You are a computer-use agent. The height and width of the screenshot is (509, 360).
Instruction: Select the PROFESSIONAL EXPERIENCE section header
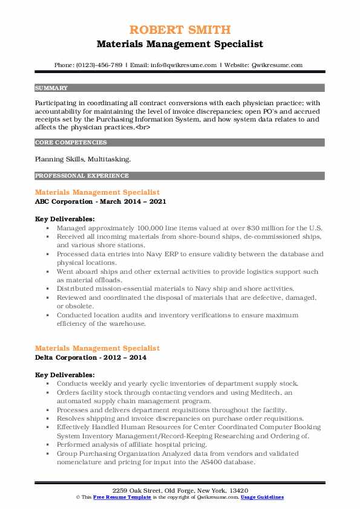click(82, 176)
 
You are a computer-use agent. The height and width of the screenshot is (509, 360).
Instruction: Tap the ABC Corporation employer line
click(100, 201)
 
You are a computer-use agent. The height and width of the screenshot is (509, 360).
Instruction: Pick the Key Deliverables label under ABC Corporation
click(65, 219)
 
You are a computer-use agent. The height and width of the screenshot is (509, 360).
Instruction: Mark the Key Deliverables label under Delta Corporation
click(65, 375)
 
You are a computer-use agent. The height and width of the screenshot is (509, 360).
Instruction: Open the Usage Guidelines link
click(262, 496)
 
